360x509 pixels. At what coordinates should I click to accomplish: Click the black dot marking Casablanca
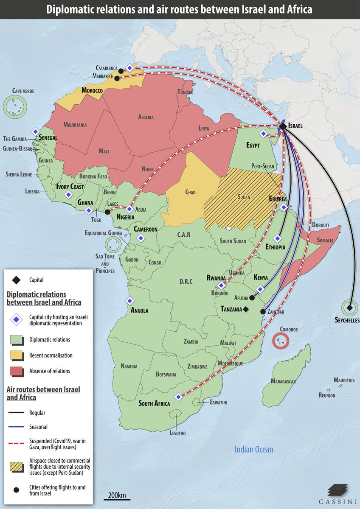121,71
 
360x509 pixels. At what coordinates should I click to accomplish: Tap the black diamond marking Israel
282,126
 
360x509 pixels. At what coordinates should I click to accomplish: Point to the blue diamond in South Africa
178,397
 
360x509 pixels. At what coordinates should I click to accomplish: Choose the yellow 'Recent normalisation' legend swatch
16,355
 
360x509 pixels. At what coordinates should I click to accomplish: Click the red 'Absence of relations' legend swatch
16,371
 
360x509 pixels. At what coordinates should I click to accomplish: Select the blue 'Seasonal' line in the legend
16,427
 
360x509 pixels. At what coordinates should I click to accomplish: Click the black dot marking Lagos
107,212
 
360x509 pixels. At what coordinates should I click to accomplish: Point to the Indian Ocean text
254,449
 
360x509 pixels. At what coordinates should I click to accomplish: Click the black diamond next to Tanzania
245,310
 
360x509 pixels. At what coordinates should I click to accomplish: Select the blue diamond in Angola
129,301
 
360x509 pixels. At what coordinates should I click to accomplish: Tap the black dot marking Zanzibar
263,312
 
